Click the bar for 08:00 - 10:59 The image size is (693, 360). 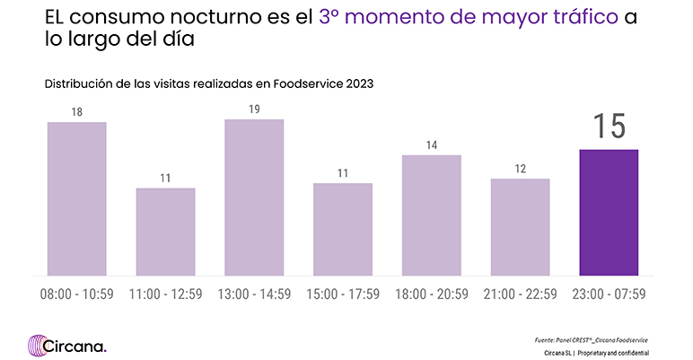77,198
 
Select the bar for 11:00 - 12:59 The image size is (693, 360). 165,232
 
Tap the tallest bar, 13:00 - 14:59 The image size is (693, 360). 254,198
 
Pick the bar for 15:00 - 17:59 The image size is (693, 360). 343,229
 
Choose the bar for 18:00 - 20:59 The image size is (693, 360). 432,215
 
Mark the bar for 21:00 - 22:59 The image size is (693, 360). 520,227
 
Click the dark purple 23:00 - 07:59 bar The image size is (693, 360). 609,212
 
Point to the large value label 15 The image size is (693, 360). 609,126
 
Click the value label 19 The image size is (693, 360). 254,109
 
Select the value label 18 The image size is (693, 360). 77,111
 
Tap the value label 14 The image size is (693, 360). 432,145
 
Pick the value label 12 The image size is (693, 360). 520,168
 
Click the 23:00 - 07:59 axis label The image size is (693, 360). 609,294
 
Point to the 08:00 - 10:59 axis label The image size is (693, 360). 77,294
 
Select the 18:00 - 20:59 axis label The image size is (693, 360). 432,294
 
